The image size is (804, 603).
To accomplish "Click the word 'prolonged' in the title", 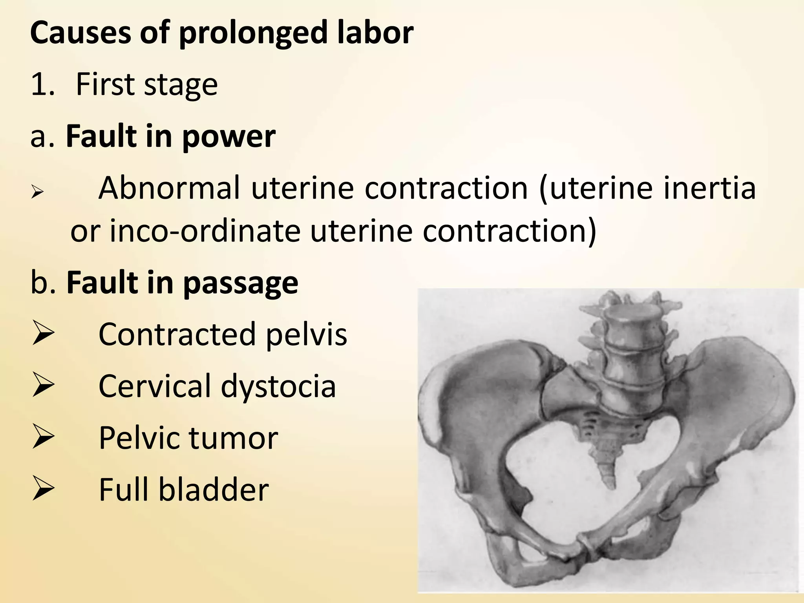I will click(253, 33).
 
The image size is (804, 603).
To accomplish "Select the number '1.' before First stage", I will click(43, 84).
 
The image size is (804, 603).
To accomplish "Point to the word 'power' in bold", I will click(229, 137).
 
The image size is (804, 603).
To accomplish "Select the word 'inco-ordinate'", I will click(205, 231).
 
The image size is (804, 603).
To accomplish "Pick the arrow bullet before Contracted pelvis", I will click(43, 333).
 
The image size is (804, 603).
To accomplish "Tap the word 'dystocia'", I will click(278, 386).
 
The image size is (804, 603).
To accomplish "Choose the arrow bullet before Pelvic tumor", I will click(43, 437).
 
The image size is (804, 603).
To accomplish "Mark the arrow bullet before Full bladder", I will click(43, 488).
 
